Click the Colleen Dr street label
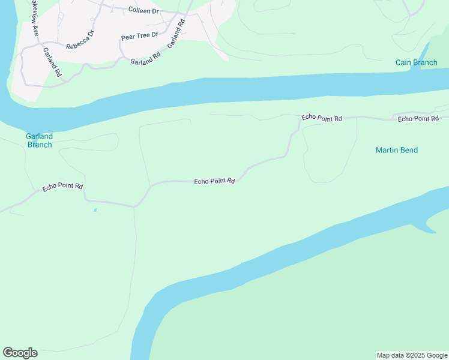pyautogui.click(x=143, y=10)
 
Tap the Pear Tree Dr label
pyautogui.click(x=139, y=37)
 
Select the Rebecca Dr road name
pyautogui.click(x=80, y=40)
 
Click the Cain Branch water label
pyautogui.click(x=416, y=63)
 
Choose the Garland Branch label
pyautogui.click(x=40, y=140)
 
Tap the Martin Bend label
pyautogui.click(x=396, y=150)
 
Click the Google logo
pyautogui.click(x=20, y=353)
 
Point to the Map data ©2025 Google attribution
pyautogui.click(x=412, y=355)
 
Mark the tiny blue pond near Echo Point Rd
pyautogui.click(x=95, y=210)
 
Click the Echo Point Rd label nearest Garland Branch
pyautogui.click(x=62, y=187)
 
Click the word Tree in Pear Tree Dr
pyautogui.click(x=142, y=37)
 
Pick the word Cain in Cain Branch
pyautogui.click(x=403, y=63)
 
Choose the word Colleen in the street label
pyautogui.click(x=139, y=10)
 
